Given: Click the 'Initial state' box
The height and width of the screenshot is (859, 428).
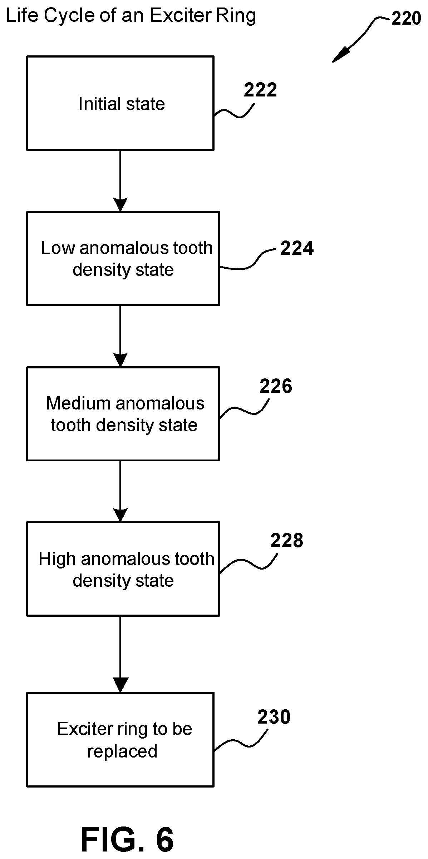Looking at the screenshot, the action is [x=120, y=103].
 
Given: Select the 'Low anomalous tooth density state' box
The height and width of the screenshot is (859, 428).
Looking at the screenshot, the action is [x=123, y=258].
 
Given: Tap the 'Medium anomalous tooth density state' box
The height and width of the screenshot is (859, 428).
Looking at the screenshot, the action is [x=123, y=414].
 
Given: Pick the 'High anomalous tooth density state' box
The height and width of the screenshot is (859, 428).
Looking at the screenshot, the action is [x=123, y=569].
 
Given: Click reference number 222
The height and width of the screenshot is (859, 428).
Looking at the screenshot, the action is [x=260, y=90].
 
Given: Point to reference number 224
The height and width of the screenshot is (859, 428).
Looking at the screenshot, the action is [x=297, y=248].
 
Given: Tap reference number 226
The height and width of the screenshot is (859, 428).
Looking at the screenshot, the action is [x=276, y=386].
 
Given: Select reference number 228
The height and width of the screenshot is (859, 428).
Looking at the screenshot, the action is [x=287, y=540].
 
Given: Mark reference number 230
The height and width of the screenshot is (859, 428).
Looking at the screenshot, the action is [x=274, y=717].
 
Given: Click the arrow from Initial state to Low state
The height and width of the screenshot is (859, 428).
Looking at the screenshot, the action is [x=120, y=181].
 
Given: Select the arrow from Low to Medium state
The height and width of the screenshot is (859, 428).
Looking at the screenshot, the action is [x=120, y=336].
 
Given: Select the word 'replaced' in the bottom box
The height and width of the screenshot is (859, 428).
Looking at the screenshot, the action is [x=122, y=751].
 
